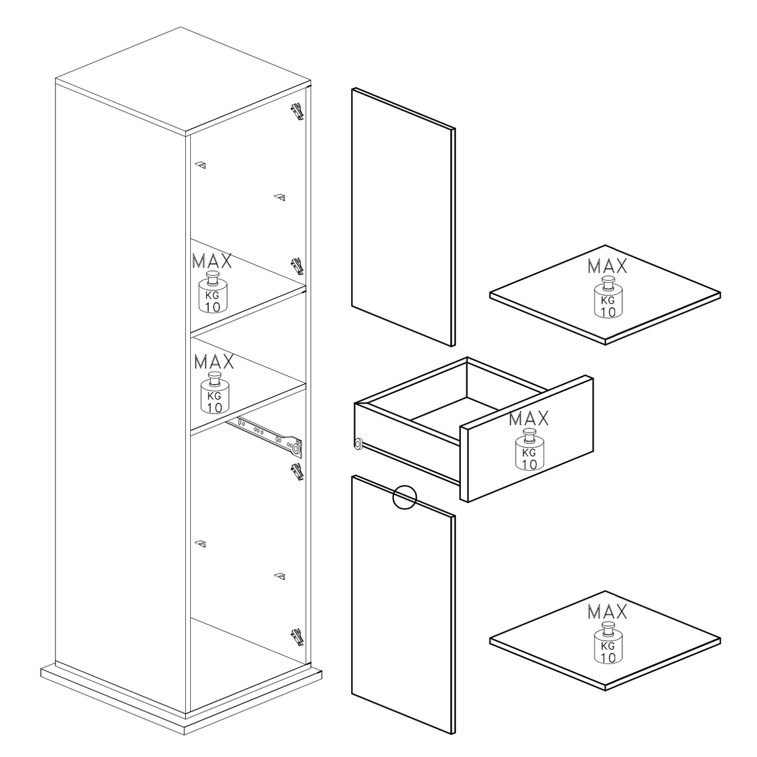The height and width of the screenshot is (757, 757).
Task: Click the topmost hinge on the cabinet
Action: pyautogui.click(x=297, y=112)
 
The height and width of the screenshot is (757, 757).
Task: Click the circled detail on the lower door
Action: pyautogui.click(x=404, y=497)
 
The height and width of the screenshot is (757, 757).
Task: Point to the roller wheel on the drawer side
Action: pyautogui.click(x=359, y=444)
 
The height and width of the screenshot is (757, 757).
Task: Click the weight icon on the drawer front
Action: pyautogui.click(x=529, y=450)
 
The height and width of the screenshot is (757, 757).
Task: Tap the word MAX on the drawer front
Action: pyautogui.click(x=529, y=419)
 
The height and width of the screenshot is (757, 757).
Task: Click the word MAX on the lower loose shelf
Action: pyautogui.click(x=607, y=612)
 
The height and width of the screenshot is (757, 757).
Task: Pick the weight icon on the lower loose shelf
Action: pyautogui.click(x=608, y=643)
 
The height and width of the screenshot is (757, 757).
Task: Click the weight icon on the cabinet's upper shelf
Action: pyautogui.click(x=213, y=292)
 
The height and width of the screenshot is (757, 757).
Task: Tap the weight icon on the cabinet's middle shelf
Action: pyautogui.click(x=215, y=392)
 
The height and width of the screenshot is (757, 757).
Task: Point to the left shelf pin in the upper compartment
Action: pyautogui.click(x=201, y=165)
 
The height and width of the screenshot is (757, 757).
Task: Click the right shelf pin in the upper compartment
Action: pyautogui.click(x=280, y=198)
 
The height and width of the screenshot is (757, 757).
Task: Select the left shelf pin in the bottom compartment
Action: pyautogui.click(x=201, y=544)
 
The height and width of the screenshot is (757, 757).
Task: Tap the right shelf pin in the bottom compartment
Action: pyautogui.click(x=280, y=577)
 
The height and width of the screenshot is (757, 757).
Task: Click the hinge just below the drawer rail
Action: pyautogui.click(x=297, y=472)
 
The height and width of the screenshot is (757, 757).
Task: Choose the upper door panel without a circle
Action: pyautogui.click(x=403, y=217)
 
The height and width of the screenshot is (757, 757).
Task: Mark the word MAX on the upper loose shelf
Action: pyautogui.click(x=607, y=266)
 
